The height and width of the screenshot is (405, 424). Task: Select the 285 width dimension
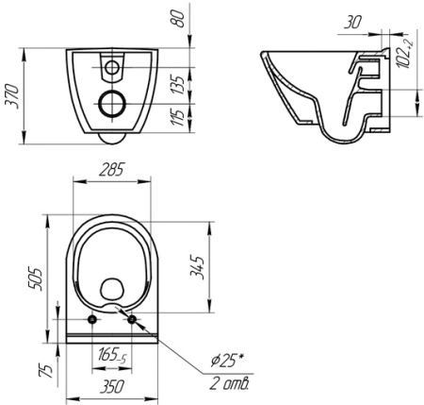coord(114,172)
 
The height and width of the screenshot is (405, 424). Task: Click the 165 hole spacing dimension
coord(113,356)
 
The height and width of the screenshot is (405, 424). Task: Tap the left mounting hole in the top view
coord(92,320)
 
